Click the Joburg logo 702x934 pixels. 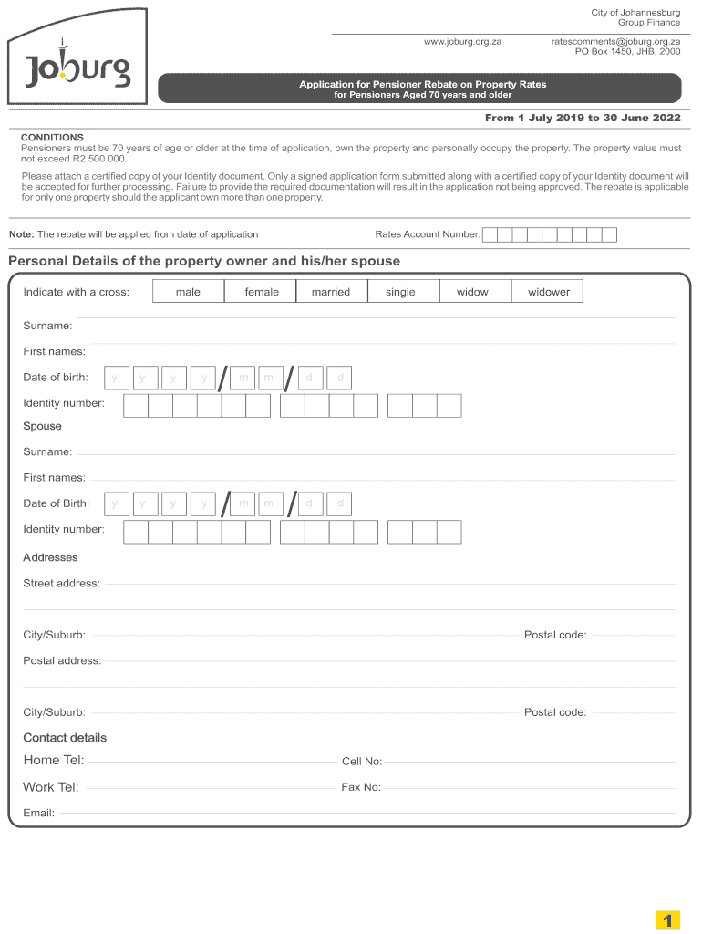[x=77, y=68]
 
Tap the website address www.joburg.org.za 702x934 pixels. [x=462, y=42]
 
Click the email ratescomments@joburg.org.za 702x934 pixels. [x=615, y=42]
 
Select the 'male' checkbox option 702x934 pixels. [x=188, y=292]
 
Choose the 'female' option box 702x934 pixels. [x=262, y=292]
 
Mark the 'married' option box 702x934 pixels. [x=330, y=292]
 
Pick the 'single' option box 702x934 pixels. [x=400, y=292]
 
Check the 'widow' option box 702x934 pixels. [x=472, y=292]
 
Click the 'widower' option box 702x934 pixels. [x=548, y=292]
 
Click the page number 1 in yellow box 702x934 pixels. [x=668, y=921]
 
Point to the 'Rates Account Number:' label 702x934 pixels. [x=428, y=234]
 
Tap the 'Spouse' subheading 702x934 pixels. [x=42, y=426]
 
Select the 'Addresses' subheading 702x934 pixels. [x=50, y=557]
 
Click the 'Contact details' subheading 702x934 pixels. [x=64, y=737]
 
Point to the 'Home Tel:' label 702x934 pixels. [x=53, y=761]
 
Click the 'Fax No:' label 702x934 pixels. [x=361, y=787]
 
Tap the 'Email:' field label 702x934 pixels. [x=38, y=813]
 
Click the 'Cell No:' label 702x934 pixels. [x=361, y=762]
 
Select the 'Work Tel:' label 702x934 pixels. [x=50, y=787]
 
